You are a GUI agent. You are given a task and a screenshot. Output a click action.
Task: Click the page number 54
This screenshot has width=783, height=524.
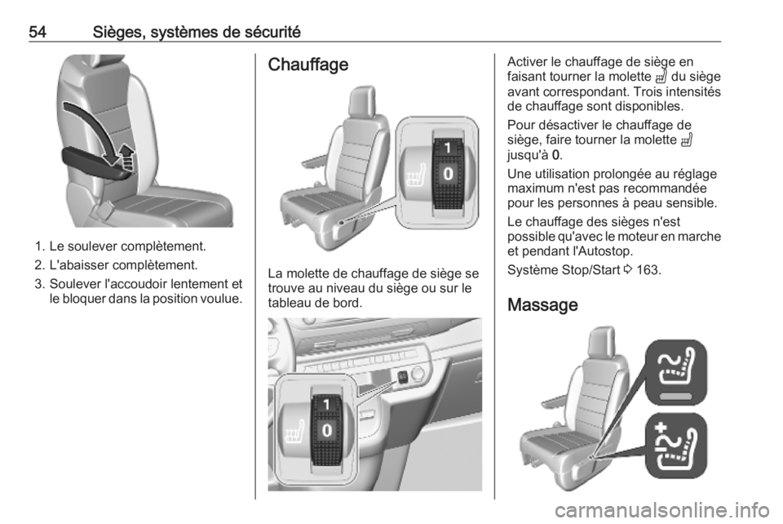(x=38, y=32)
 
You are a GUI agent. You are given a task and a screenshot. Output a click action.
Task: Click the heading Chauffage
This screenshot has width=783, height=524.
(x=308, y=64)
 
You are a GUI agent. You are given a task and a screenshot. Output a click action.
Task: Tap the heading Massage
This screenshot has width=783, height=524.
(x=543, y=304)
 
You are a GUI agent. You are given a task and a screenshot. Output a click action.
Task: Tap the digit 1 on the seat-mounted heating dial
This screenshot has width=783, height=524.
(x=448, y=148)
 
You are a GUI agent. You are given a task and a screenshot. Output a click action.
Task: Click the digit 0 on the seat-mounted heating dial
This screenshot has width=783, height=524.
(x=449, y=173)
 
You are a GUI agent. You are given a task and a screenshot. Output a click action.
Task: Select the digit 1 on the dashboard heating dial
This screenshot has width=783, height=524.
(x=326, y=404)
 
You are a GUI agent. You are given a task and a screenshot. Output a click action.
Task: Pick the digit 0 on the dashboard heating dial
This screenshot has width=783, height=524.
(x=326, y=430)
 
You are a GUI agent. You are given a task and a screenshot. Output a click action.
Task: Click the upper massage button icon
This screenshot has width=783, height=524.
(x=676, y=372)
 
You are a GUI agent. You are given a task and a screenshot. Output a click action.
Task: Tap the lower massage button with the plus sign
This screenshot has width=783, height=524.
(x=676, y=446)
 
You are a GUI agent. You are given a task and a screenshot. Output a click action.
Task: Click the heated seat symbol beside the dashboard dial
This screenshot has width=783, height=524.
(x=294, y=433)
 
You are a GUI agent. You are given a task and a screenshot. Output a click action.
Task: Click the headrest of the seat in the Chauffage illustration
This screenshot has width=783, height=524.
(x=361, y=101)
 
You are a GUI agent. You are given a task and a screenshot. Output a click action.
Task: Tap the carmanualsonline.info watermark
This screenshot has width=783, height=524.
(x=662, y=510)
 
